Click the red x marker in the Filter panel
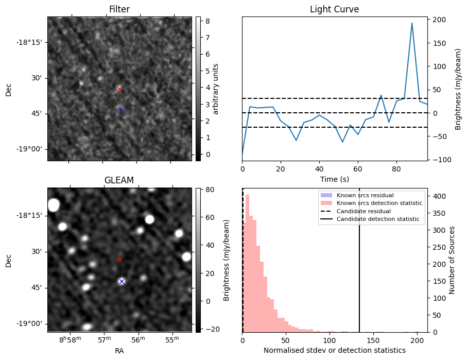tap(119, 89)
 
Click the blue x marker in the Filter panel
tap(121, 110)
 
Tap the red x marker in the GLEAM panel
tap(119, 260)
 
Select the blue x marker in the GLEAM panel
tap(122, 281)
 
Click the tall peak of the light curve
tap(412, 23)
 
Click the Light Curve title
tap(334, 9)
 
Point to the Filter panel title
tap(119, 9)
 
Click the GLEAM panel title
tap(119, 180)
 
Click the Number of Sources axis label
tap(452, 260)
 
